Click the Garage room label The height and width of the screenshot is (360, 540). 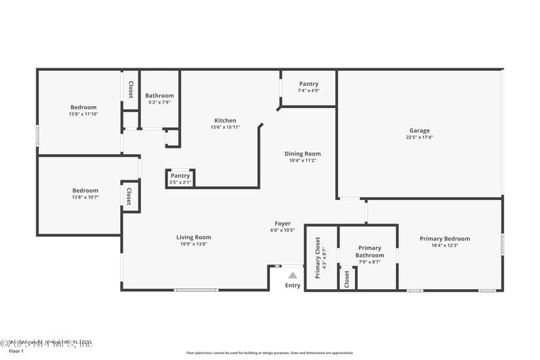coord(419,130)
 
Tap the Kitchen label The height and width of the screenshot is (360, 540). coord(225,120)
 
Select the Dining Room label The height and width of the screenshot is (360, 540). coord(302,153)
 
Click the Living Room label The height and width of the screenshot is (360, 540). coord(194,237)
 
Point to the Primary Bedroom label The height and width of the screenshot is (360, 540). coord(444,238)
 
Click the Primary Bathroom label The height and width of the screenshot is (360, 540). coord(369,251)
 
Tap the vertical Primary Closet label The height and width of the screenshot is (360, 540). coord(317,257)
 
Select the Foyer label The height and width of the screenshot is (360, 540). coord(282,224)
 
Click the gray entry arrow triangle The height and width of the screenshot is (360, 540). coord(292,275)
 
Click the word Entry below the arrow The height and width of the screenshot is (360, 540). coord(292,285)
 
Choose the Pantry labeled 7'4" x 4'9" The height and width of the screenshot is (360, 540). coord(308,84)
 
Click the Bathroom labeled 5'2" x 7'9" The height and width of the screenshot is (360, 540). coord(159,96)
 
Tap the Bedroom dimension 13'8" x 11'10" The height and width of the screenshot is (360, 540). coord(84,114)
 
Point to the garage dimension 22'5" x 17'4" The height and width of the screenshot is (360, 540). coord(419,138)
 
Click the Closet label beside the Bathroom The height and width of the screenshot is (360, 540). coord(130,90)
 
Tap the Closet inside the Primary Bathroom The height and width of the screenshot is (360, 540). coord(347,279)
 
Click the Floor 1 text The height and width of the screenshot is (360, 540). coord(16,351)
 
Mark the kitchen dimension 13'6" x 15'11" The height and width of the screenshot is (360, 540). coord(225,128)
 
